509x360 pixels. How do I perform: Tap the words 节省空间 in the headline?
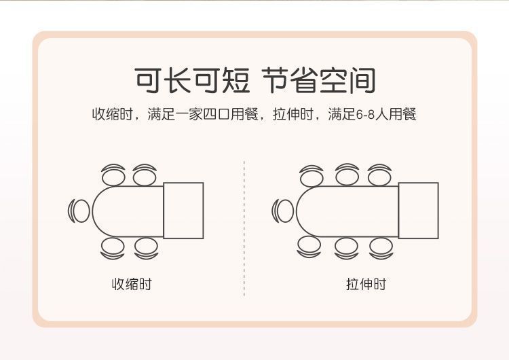point(318,80)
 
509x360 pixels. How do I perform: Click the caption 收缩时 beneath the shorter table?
point(132,284)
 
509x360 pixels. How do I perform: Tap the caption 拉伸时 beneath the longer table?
point(366,284)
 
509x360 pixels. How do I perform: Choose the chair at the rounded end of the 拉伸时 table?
point(284,211)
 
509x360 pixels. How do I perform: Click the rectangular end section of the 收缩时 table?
point(183,210)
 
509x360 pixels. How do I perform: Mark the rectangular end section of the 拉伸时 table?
point(418,210)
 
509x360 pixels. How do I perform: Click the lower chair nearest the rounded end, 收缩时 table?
point(114,247)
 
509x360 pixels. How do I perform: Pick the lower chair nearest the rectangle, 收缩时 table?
point(145,247)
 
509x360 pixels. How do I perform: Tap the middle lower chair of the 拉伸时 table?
point(347,247)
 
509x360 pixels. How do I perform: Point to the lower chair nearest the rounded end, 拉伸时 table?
point(311,247)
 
